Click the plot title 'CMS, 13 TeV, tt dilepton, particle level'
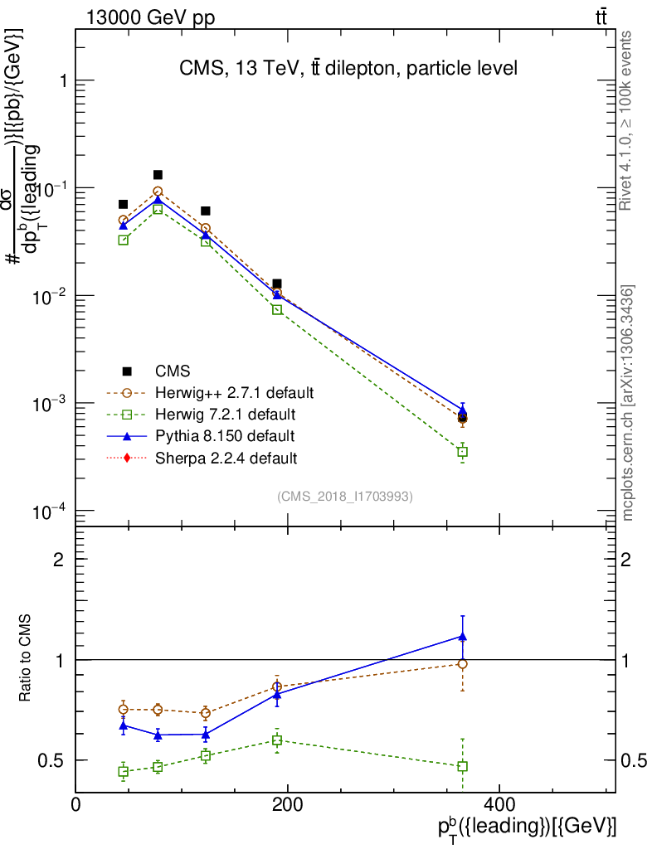pos(348,69)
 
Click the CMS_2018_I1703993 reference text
pos(345,496)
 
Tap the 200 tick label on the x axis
pos(287,805)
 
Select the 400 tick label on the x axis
pos(499,805)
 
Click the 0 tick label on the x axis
pos(76,805)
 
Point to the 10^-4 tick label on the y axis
pos(46,511)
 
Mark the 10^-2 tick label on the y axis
pos(46,296)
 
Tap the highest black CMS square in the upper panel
pos(158,175)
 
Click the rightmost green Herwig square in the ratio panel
pos(463,766)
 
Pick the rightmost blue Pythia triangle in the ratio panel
pos(463,637)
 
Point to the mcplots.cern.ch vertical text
pos(628,402)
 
